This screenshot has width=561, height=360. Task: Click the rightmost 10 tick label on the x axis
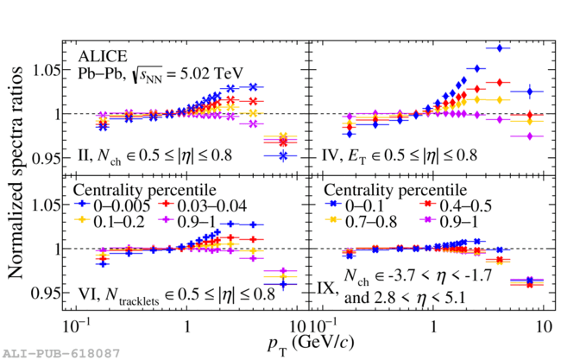543,328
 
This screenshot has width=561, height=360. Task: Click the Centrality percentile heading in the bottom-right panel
394,188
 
